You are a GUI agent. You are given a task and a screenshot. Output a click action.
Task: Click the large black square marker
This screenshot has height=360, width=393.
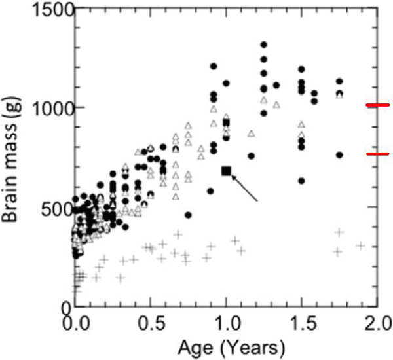tap(227, 171)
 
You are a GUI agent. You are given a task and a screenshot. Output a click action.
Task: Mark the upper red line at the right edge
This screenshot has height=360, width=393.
tap(378, 105)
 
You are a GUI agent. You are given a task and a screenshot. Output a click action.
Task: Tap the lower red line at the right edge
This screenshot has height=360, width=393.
tap(378, 154)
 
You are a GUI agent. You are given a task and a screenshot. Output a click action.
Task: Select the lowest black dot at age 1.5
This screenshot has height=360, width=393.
tap(301, 180)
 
